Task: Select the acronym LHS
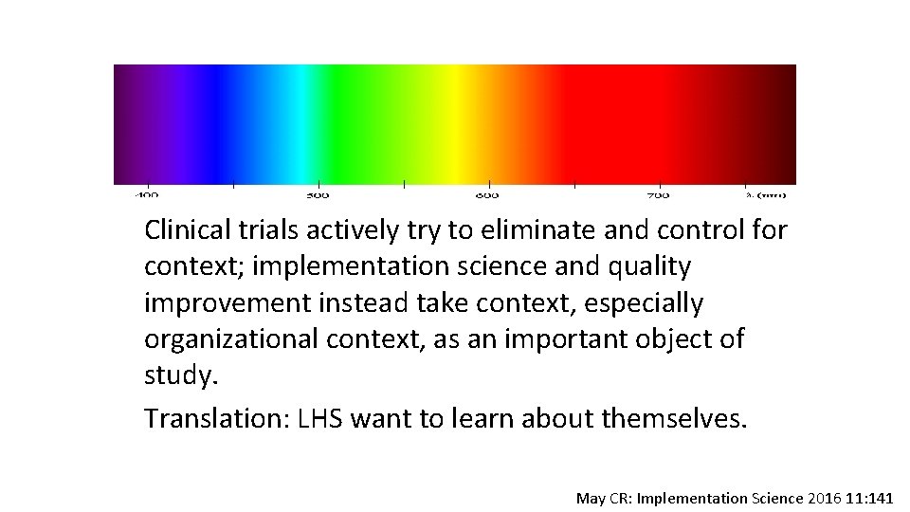(317, 418)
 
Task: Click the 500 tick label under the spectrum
(318, 195)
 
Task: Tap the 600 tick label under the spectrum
(487, 195)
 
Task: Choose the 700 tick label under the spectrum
(658, 195)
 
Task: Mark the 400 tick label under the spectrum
(147, 195)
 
